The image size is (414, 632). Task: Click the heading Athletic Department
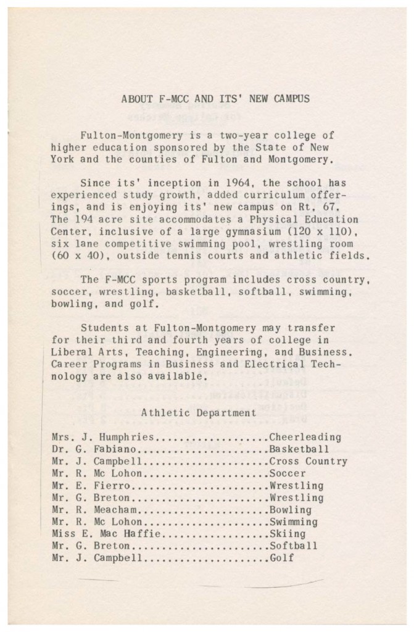[189, 412]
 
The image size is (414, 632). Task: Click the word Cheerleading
[305, 437]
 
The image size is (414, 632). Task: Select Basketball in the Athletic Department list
[299, 449]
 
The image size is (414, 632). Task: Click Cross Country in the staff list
[308, 461]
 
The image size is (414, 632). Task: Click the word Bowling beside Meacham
[291, 510]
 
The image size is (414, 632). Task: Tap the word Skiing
[288, 534]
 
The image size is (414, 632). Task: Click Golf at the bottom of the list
[281, 558]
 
